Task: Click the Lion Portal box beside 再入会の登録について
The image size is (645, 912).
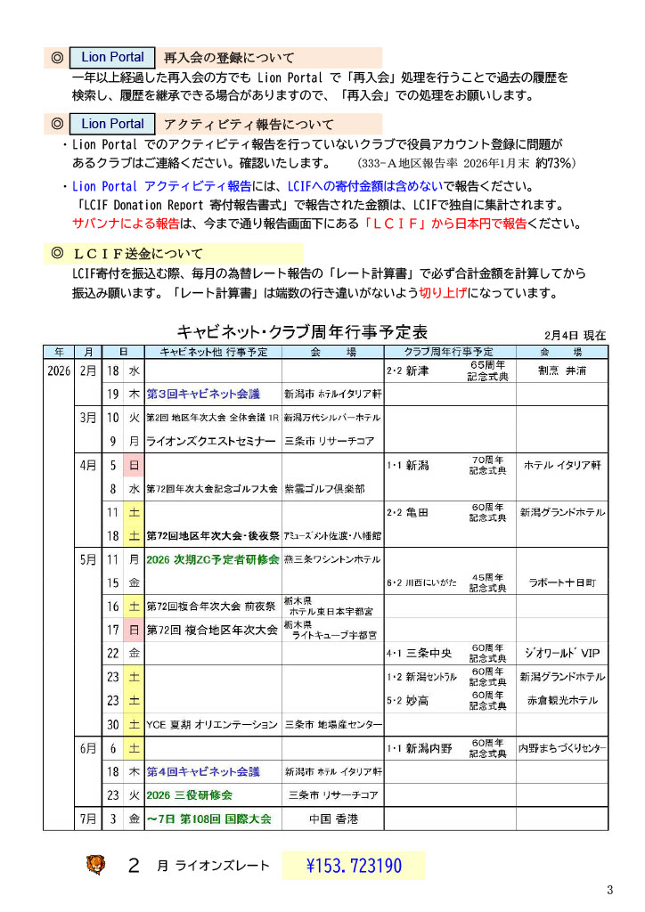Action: pos(112,57)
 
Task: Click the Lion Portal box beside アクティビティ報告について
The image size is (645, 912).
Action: pos(112,124)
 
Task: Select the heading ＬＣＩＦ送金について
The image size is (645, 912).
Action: pos(138,254)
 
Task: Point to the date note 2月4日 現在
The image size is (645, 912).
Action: pos(575,336)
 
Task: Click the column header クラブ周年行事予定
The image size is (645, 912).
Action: pos(449,352)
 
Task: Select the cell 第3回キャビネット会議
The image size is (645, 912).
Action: pos(202,394)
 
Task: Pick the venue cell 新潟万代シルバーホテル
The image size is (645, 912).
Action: pos(332,417)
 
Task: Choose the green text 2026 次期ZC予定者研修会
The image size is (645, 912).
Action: pos(212,559)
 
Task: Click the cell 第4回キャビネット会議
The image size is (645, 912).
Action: pos(202,771)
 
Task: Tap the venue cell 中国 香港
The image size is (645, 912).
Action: pos(332,818)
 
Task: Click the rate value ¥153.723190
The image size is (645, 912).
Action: pos(354,866)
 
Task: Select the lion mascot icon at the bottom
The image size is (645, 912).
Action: pos(94,864)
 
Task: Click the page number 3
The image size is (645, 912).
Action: pos(610,890)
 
